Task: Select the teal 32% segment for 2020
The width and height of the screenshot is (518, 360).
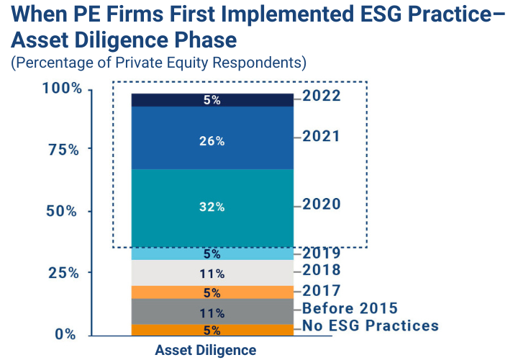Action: tap(212, 207)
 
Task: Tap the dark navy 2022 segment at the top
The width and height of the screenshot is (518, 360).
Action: tap(212, 100)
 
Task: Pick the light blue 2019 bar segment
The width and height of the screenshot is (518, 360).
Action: tap(212, 253)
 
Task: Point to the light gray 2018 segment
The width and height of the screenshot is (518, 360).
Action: tap(212, 273)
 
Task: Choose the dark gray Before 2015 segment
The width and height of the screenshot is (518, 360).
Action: tap(212, 312)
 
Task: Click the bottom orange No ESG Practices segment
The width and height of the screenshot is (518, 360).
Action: tap(212, 330)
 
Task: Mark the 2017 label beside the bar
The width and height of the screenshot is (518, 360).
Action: tap(322, 291)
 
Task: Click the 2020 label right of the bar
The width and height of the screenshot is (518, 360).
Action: tap(322, 204)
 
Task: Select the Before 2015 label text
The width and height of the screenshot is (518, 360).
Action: tap(350, 308)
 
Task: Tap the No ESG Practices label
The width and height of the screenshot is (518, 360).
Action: tap(371, 325)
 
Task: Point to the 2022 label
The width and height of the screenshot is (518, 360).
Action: tap(322, 96)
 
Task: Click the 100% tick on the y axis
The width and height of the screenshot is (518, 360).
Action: tap(62, 89)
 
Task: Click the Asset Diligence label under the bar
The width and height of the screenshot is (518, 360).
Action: tap(205, 351)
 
